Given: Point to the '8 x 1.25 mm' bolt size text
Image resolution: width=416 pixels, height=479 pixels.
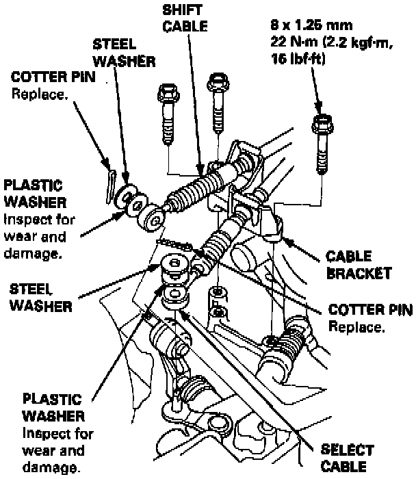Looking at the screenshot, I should [311, 27].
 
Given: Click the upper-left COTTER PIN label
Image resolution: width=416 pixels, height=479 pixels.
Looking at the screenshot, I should [54, 78].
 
